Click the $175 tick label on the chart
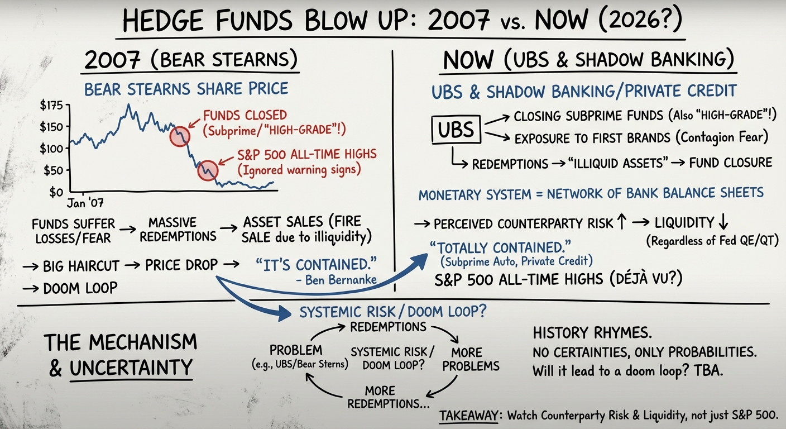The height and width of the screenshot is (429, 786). pos(51,106)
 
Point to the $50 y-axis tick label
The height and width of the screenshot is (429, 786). pos(54,170)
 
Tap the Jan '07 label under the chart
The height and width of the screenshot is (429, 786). pos(85,203)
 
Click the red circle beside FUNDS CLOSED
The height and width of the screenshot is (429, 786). pos(180,136)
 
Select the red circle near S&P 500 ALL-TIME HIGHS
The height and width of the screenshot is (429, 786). pos(208,170)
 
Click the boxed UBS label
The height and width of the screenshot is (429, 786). pos(456,130)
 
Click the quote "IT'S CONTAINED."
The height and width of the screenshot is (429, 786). pos(316,265)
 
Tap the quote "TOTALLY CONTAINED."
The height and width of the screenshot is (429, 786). pos(500,248)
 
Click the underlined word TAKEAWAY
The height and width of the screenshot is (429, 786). pos(468,416)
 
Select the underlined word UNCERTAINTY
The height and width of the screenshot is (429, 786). pos(131,368)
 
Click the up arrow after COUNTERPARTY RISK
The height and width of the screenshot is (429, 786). pos(621,222)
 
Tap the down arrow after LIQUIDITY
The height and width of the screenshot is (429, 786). pos(723,222)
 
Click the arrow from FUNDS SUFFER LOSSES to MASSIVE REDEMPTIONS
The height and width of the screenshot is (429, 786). pos(127,230)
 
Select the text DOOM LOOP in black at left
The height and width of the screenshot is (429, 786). pos(80,288)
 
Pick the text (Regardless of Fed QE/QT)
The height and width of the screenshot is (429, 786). pos(712,241)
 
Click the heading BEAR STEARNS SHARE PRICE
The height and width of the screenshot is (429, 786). pos(186,89)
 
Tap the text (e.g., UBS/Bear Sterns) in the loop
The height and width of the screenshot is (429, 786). pos(300,364)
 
